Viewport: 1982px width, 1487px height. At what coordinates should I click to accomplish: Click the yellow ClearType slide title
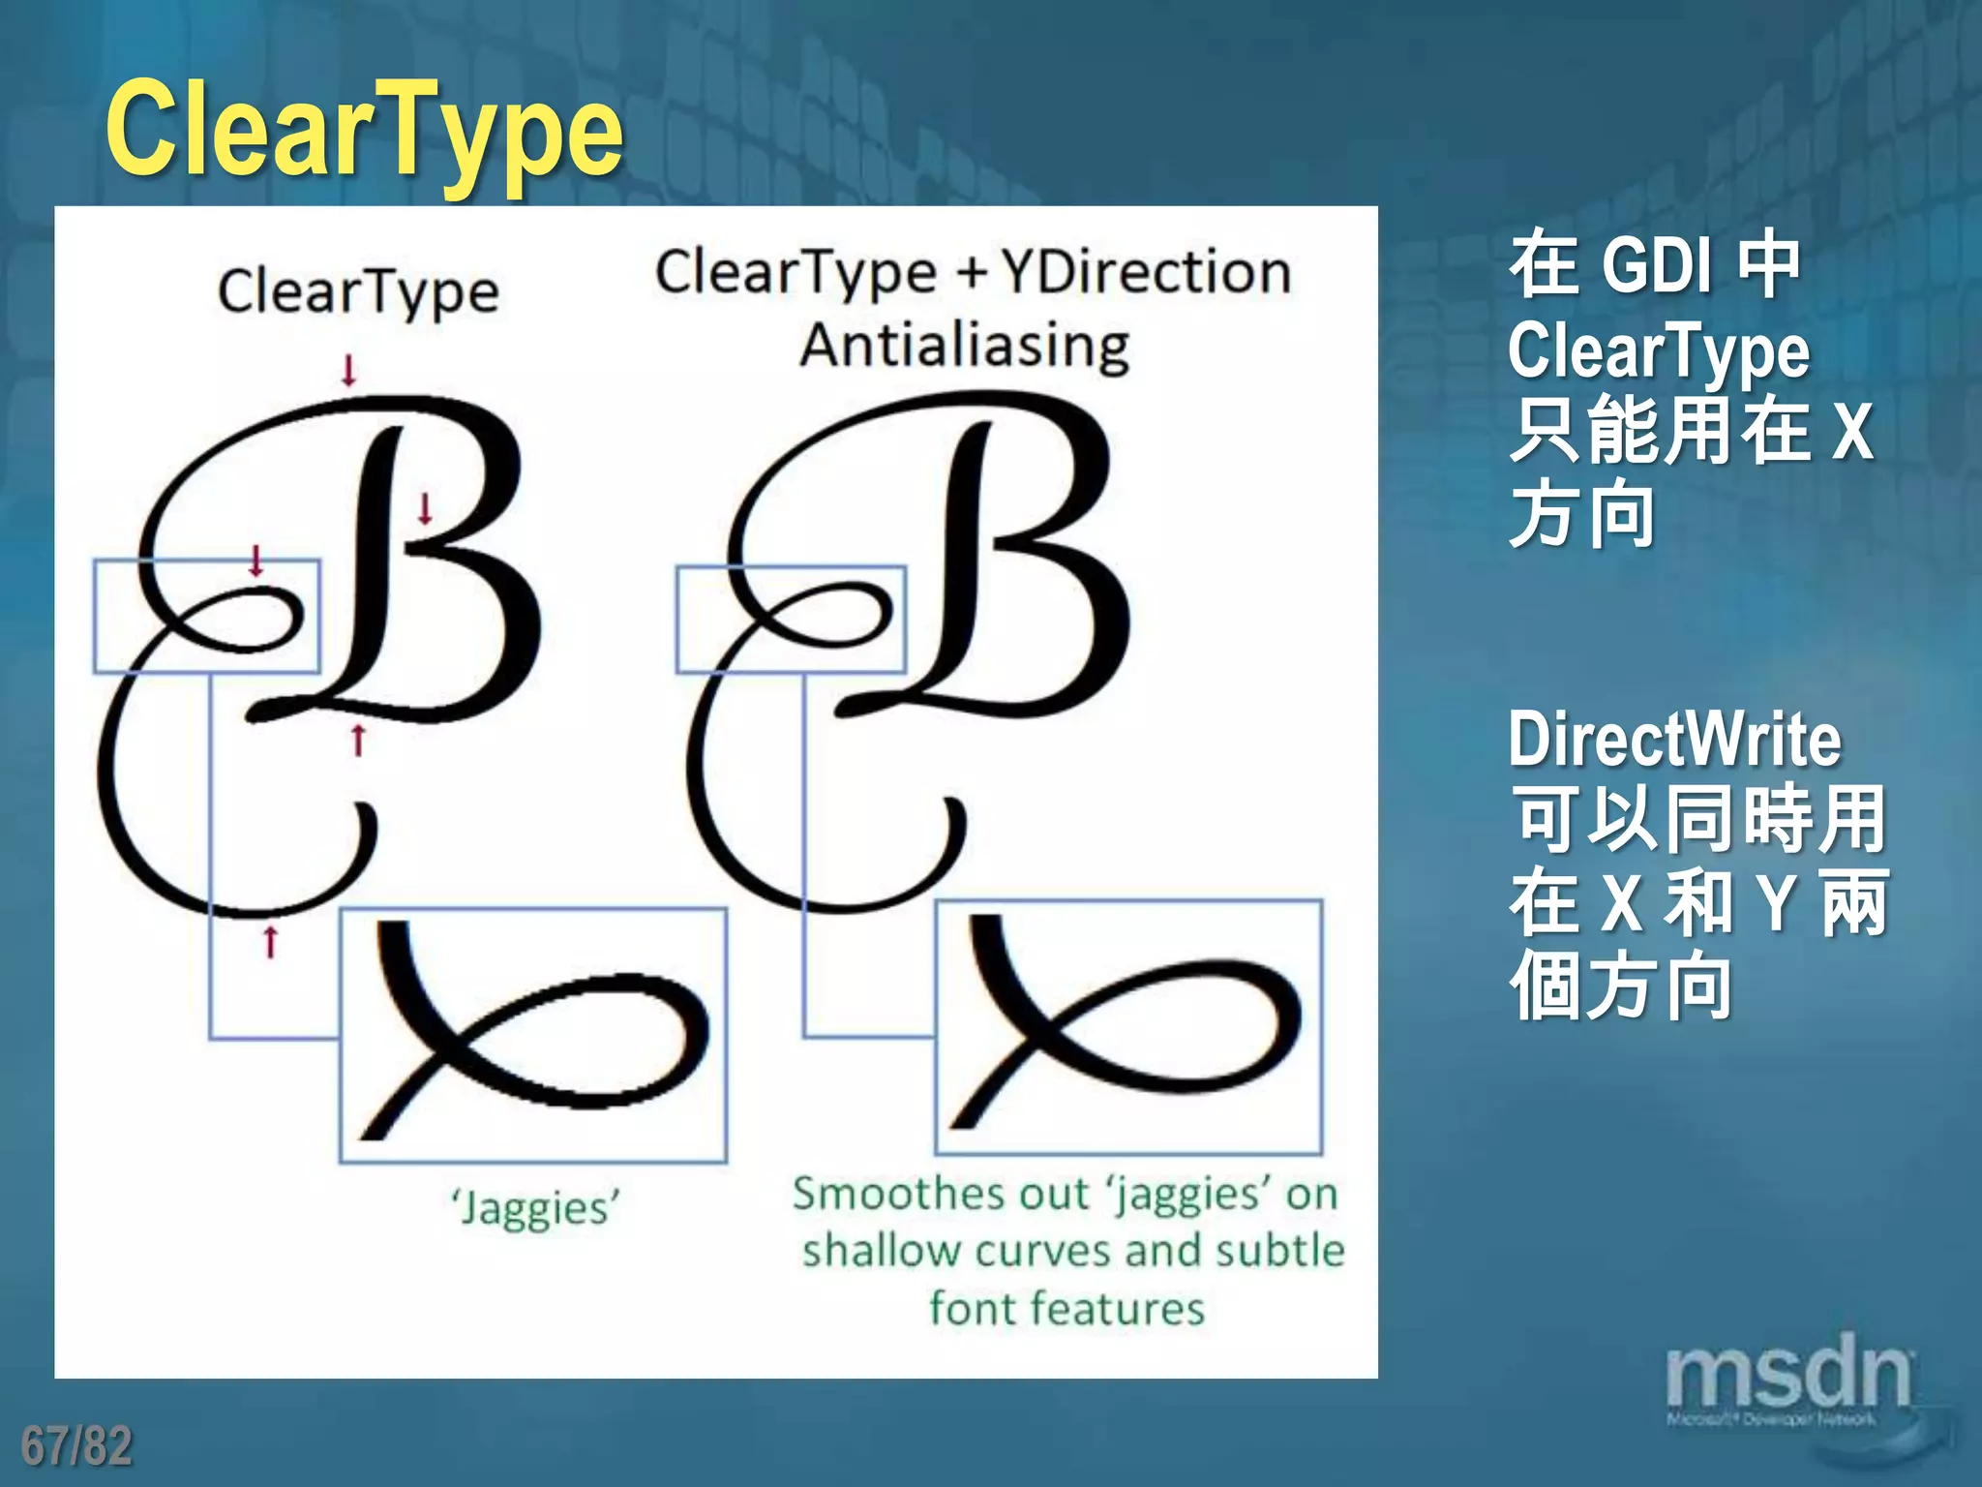coord(365,131)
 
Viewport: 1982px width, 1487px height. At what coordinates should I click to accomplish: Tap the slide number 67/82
coord(76,1445)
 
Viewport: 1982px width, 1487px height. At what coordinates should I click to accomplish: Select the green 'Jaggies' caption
coord(535,1208)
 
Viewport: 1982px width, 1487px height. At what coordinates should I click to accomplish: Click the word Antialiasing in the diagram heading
coord(965,346)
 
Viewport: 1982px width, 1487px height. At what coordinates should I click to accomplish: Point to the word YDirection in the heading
coord(1147,272)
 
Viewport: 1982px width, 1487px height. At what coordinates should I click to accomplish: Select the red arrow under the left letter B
coord(358,740)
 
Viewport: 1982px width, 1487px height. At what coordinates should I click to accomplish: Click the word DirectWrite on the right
coord(1674,740)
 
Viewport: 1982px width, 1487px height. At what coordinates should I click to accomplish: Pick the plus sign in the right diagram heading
coord(971,273)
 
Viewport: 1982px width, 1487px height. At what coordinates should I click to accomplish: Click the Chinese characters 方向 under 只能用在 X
coord(1582,515)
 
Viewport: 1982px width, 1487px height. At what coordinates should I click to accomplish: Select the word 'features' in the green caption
coord(1123,1308)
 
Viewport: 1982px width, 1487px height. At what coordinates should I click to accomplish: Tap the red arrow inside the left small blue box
coord(256,561)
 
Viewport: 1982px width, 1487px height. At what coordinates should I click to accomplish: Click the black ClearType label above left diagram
coord(358,291)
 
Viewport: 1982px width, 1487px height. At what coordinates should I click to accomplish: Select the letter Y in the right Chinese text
coord(1777,902)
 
